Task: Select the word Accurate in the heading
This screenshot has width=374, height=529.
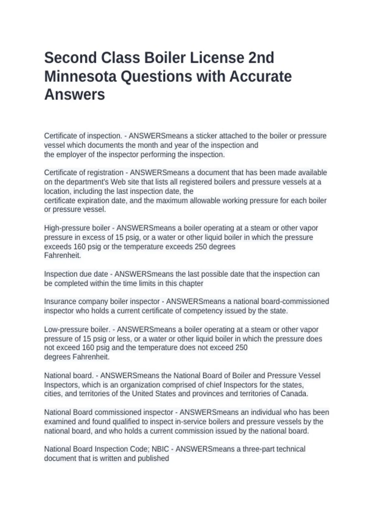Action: tap(261, 77)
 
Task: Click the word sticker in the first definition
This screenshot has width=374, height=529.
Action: tap(206, 136)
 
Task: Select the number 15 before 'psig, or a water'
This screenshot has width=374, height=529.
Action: tap(119, 237)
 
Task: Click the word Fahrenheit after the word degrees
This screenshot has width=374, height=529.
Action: tap(91, 357)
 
